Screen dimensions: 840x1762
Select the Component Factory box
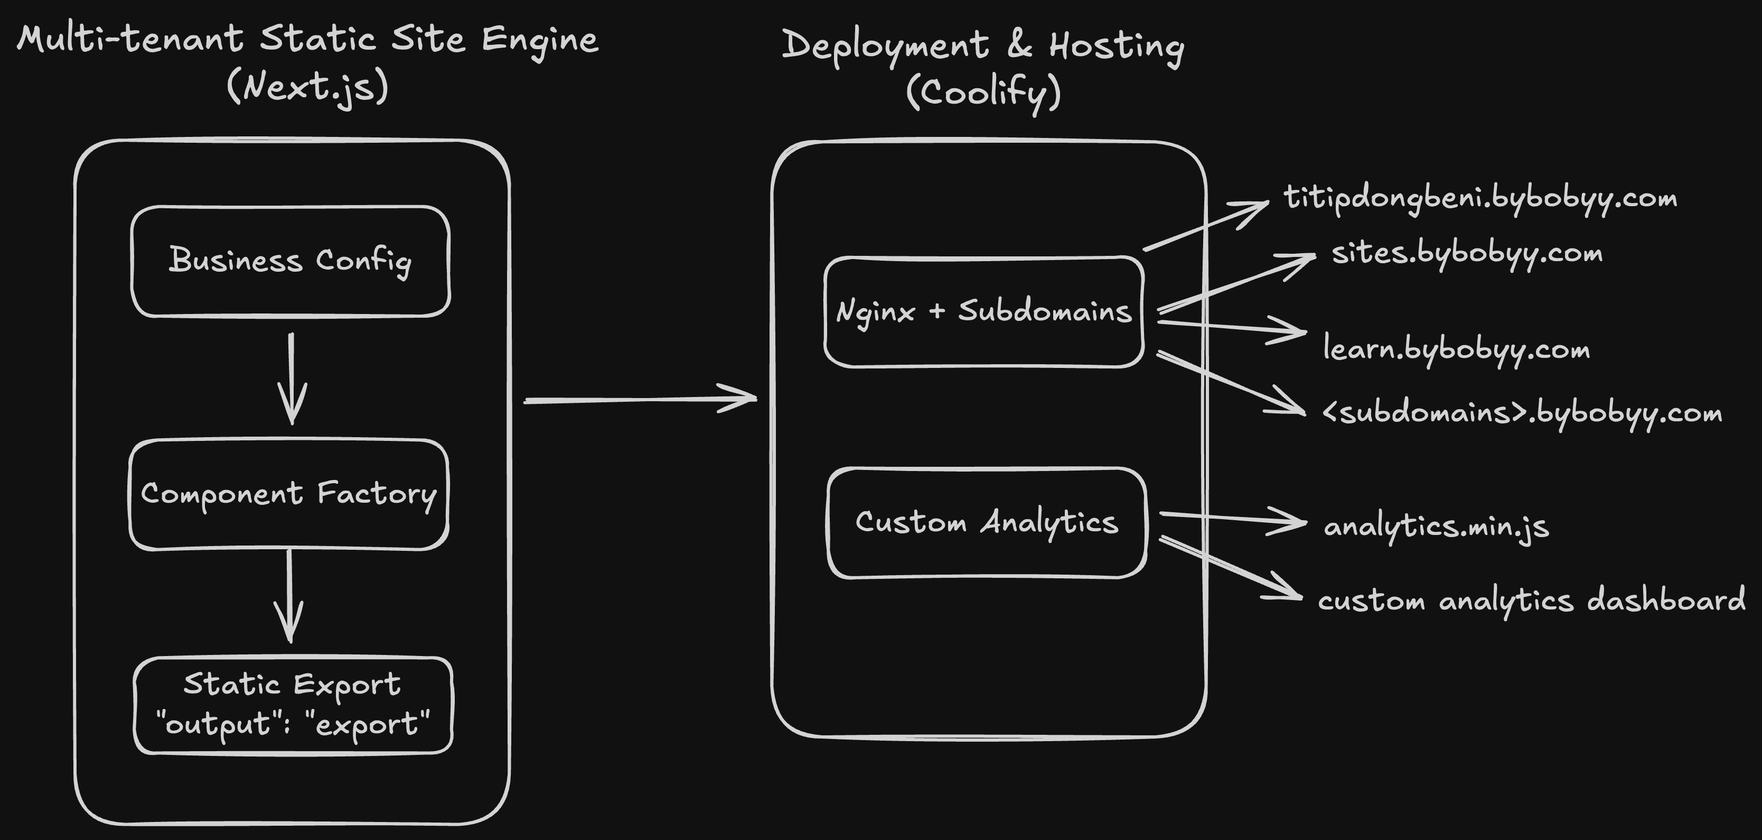289,494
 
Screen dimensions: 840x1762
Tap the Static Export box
293,705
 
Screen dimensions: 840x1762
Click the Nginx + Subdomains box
983,312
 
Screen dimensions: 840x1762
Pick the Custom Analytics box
986,523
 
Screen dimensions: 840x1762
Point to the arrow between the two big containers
640,399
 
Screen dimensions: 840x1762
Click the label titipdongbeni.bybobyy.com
1479,199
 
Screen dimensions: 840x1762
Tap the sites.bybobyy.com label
1467,254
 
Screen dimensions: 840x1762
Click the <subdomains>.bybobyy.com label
1521,413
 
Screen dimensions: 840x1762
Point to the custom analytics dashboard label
1531,601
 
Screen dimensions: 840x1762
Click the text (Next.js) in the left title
308,87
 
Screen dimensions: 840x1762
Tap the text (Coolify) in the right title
983,93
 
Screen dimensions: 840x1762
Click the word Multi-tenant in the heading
130,39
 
